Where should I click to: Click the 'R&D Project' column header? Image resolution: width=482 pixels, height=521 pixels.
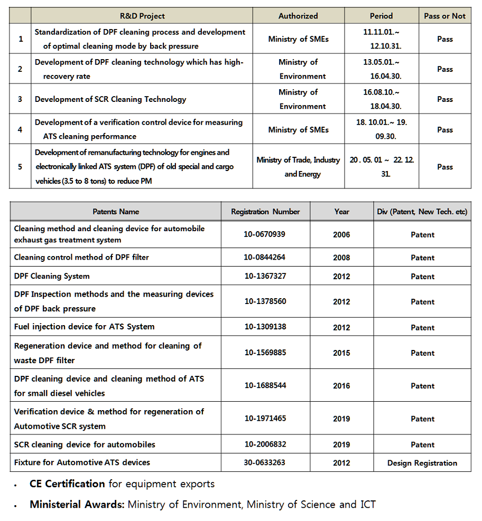pyautogui.click(x=142, y=16)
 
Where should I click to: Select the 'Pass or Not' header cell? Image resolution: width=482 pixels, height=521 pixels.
pyautogui.click(x=444, y=16)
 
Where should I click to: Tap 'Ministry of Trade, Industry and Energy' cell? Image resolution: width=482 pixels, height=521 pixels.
pyautogui.click(x=298, y=167)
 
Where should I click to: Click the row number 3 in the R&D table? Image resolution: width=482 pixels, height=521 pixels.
pyautogui.click(x=20, y=99)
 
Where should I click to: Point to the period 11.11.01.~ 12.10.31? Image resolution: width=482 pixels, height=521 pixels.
pyautogui.click(x=381, y=39)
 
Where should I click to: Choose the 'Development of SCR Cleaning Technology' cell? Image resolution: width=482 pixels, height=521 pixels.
pyautogui.click(x=110, y=99)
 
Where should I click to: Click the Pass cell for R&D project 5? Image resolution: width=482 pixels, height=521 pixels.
pyautogui.click(x=444, y=167)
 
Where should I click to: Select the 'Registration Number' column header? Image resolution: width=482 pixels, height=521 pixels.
pyautogui.click(x=265, y=212)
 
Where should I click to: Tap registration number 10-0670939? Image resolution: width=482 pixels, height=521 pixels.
pyautogui.click(x=264, y=234)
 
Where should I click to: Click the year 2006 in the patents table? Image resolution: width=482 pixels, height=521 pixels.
pyautogui.click(x=341, y=234)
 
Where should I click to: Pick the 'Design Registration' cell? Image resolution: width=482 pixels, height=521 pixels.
pyautogui.click(x=422, y=463)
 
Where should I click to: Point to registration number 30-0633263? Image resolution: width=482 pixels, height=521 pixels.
pyautogui.click(x=264, y=462)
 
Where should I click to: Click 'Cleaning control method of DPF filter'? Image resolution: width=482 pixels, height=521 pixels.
pyautogui.click(x=81, y=258)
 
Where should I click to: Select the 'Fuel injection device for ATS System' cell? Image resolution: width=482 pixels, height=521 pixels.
pyautogui.click(x=85, y=327)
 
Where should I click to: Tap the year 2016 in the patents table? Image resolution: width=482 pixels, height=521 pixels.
pyautogui.click(x=341, y=386)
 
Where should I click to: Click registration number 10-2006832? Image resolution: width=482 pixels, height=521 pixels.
pyautogui.click(x=264, y=444)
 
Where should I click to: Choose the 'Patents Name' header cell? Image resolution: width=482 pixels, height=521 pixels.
pyautogui.click(x=116, y=212)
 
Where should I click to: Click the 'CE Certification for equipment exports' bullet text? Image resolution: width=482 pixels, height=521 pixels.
pyautogui.click(x=122, y=484)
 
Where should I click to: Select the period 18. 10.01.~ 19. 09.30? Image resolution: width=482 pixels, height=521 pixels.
pyautogui.click(x=381, y=129)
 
